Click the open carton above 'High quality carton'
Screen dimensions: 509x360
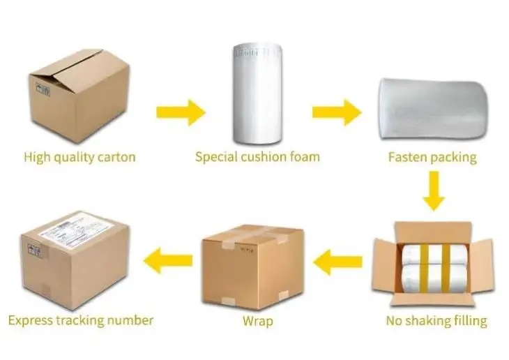click(78, 96)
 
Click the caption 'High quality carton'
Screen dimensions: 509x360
click(79, 156)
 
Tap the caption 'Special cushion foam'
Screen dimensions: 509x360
click(257, 156)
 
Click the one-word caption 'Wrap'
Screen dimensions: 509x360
click(257, 321)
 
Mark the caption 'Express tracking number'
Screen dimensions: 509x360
click(80, 320)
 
